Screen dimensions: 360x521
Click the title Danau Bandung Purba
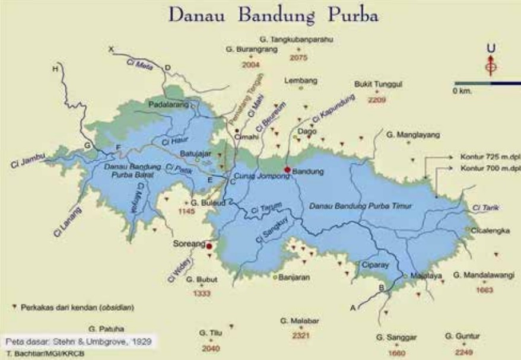pos(274,15)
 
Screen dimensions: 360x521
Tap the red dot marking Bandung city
pos(287,170)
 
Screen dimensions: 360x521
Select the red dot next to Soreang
pos(209,246)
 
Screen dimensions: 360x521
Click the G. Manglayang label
pos(414,135)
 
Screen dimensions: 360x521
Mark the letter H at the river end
pos(56,69)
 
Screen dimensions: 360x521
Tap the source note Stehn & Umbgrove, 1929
pos(77,342)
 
